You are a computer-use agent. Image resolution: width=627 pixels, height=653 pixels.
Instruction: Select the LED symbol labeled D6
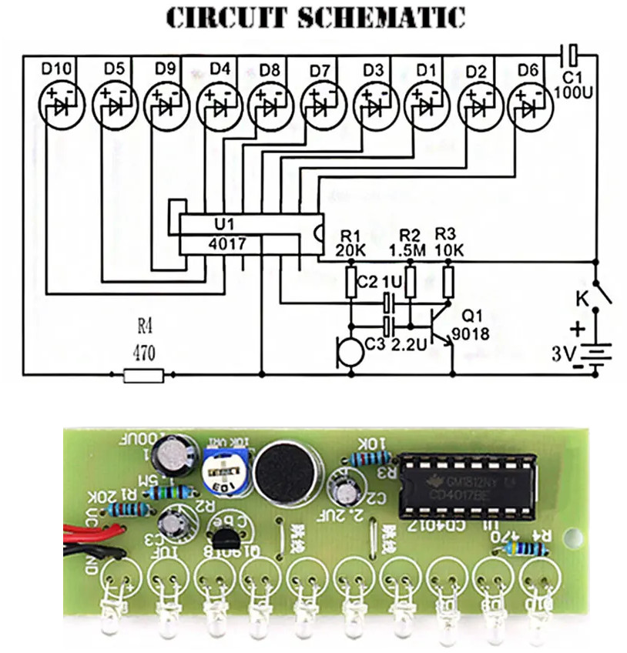coord(529,107)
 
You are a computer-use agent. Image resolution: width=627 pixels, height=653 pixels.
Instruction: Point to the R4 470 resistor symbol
coord(143,375)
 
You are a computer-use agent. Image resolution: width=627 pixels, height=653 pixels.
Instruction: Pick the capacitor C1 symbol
coord(569,55)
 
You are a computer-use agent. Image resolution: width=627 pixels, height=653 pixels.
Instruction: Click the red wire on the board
coord(92,531)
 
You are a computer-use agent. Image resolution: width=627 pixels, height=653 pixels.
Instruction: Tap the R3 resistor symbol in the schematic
coord(448,283)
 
